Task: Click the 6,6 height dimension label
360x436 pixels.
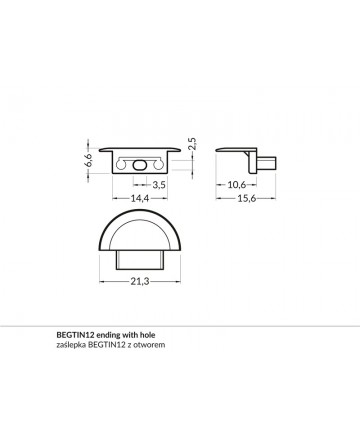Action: [88, 160]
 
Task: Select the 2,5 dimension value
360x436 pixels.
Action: [192, 144]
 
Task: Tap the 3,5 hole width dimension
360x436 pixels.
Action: [159, 184]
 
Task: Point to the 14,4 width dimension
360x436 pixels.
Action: [139, 198]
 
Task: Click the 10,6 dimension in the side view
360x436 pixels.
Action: [236, 184]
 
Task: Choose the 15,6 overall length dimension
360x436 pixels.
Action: [246, 198]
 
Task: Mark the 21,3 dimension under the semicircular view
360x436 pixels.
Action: [139, 282]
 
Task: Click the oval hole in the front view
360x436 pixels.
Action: [139, 165]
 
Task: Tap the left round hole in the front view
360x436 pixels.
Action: [121, 165]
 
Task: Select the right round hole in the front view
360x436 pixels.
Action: [158, 165]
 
